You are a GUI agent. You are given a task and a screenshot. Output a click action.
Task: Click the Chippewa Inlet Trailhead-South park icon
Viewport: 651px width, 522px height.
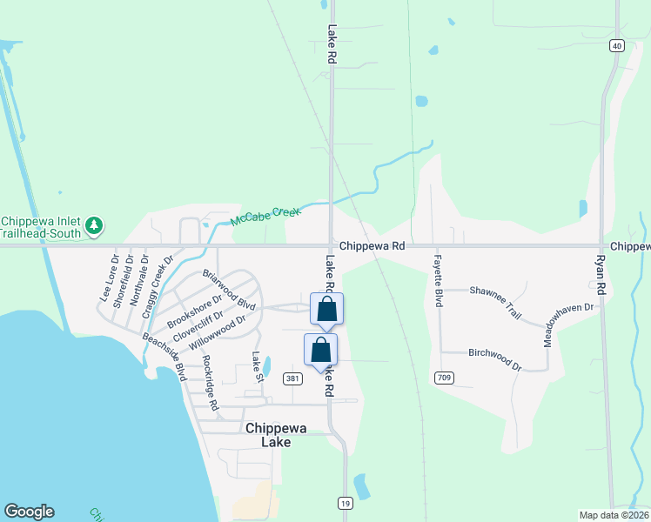94,227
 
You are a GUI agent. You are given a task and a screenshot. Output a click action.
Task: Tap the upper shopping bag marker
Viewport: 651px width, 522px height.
326,309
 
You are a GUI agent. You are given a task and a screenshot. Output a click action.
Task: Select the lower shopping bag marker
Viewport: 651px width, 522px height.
320,350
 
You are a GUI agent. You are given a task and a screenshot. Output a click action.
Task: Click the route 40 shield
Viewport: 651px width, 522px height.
616,45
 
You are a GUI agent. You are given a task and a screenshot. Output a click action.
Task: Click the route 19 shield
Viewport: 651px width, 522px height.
346,504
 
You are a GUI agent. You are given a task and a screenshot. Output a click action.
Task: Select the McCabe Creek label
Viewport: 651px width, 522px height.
265,216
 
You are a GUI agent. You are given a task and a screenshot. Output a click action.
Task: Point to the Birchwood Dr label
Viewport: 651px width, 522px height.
494,359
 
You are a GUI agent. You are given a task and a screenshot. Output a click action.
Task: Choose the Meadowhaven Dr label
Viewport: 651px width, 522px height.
570,324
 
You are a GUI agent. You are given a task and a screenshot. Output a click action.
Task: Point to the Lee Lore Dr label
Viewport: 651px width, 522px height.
109,278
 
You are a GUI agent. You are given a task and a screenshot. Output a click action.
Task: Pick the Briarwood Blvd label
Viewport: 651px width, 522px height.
228,290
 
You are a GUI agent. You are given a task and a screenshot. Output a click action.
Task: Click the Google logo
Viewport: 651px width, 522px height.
29,512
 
